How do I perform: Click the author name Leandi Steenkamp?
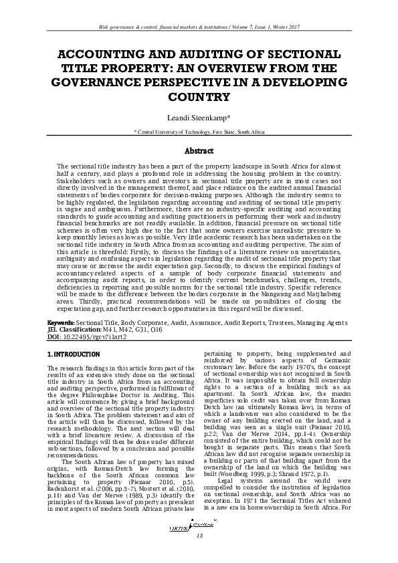pyautogui.click(x=199, y=118)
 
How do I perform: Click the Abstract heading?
pyautogui.click(x=199, y=150)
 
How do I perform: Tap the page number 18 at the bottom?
pyautogui.click(x=199, y=536)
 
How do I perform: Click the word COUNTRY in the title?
pyautogui.click(x=199, y=97)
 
